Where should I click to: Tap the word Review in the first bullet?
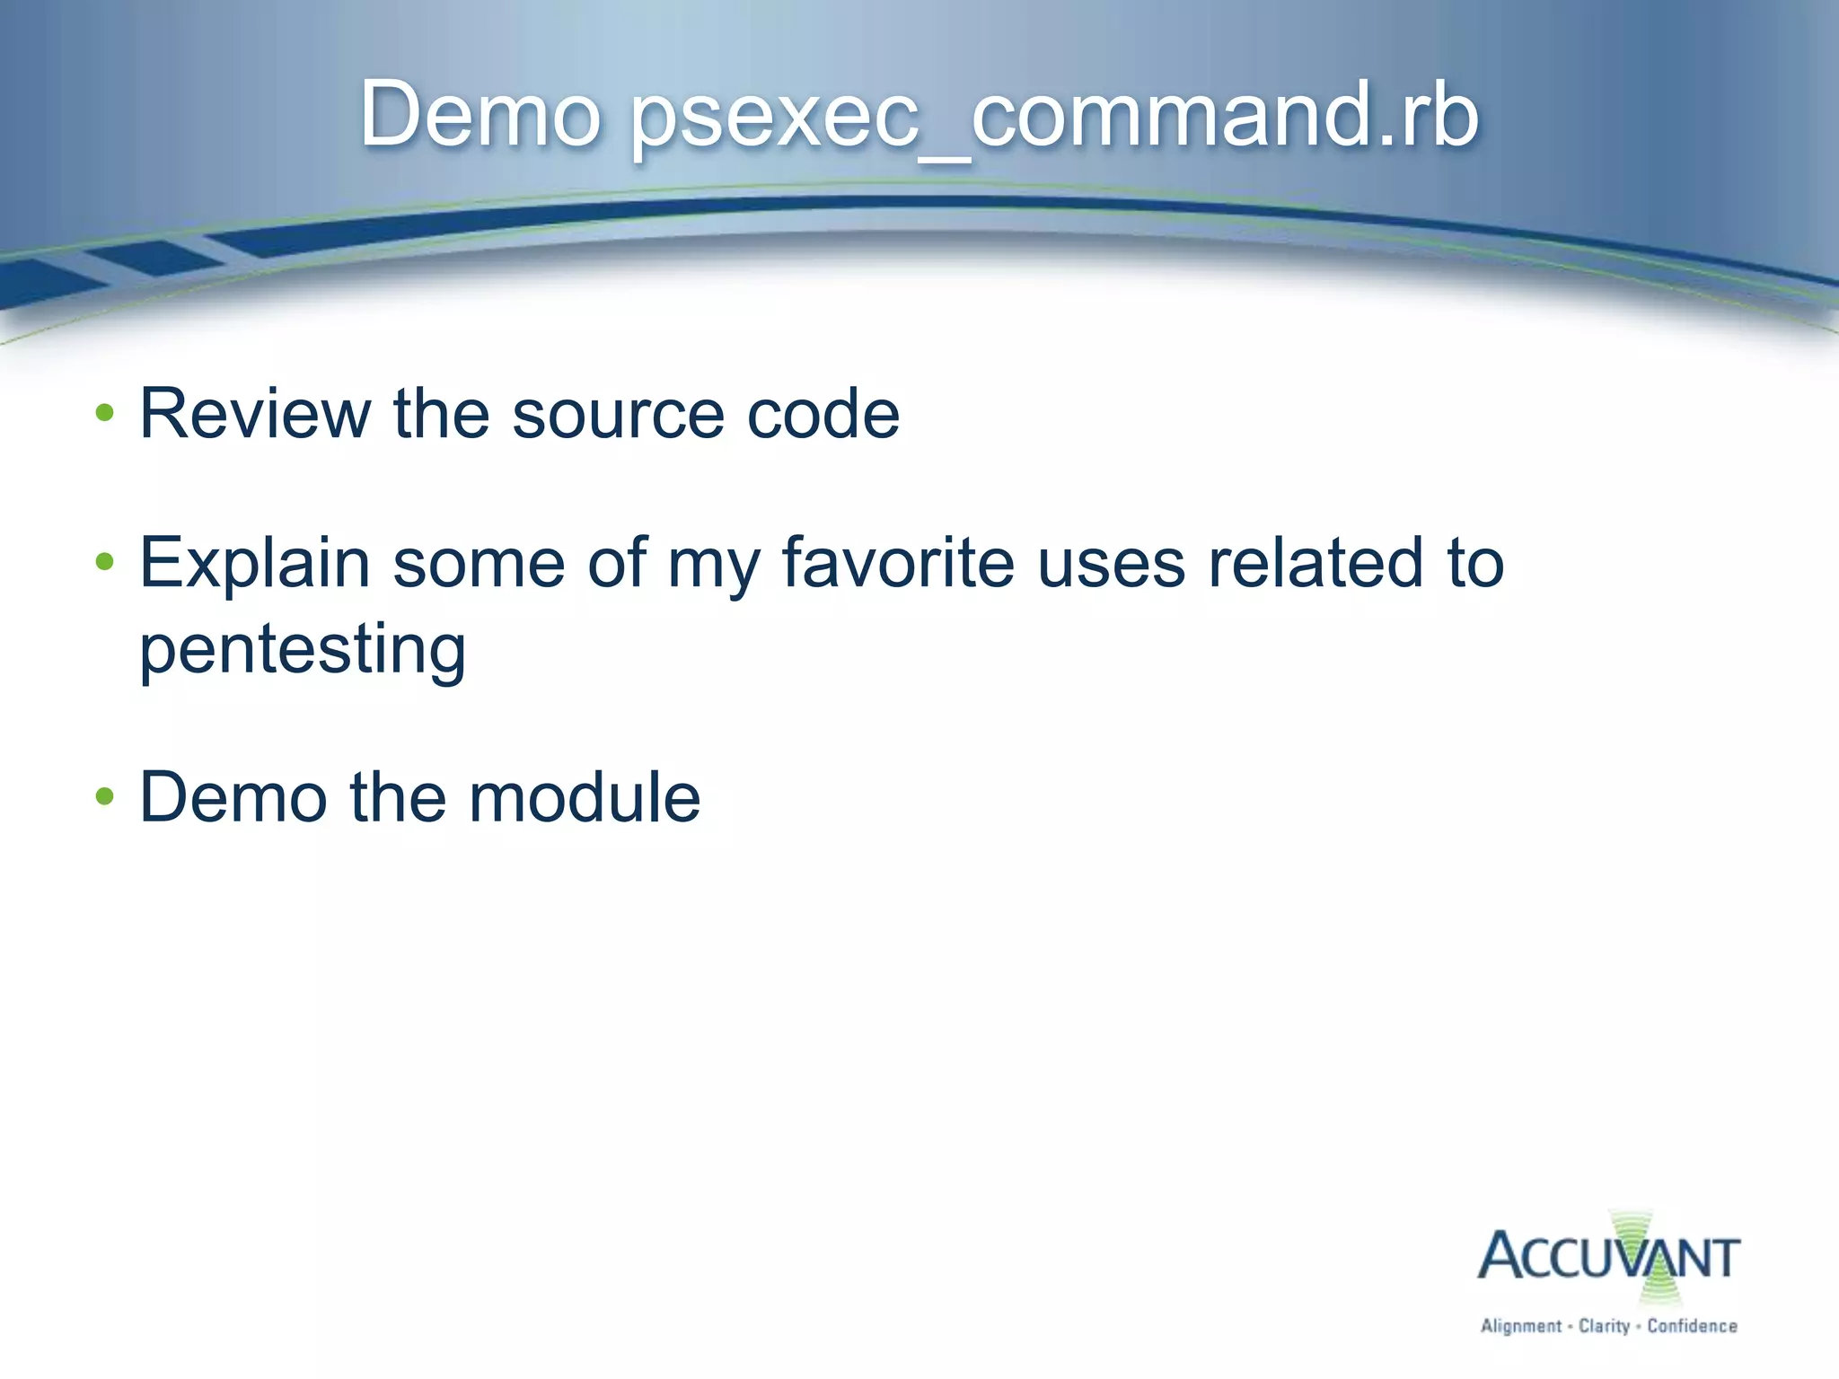[255, 414]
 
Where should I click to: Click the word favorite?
[898, 564]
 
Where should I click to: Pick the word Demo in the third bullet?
[233, 797]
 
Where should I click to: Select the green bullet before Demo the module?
[105, 796]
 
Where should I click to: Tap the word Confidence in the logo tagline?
[1692, 1326]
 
